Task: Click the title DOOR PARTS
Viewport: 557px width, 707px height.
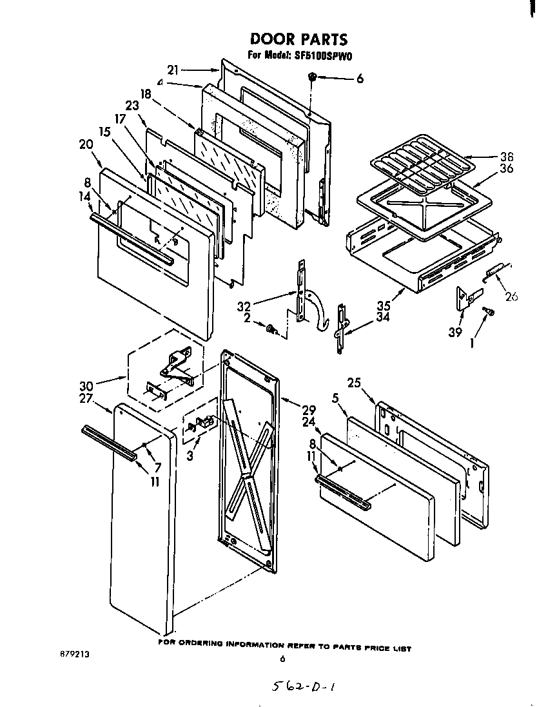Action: pos(298,40)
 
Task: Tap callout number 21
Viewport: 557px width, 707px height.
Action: pos(172,70)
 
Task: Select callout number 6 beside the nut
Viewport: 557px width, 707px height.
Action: pos(359,79)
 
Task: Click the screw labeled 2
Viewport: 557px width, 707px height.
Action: pos(271,329)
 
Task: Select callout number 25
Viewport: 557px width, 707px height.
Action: pos(353,383)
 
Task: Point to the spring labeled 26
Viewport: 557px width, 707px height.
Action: pos(496,271)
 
